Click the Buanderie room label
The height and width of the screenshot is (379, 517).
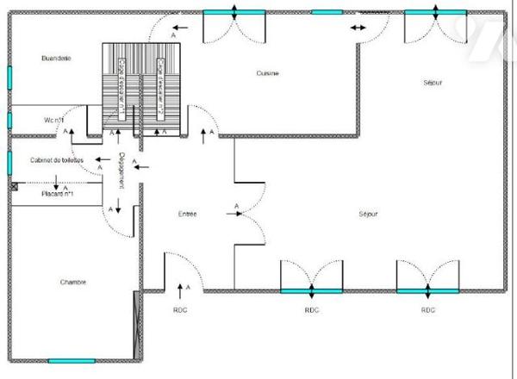pos(55,58)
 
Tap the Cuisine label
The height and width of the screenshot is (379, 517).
pos(267,73)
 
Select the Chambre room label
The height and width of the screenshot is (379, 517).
pos(73,282)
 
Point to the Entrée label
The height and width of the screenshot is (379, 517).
pos(188,214)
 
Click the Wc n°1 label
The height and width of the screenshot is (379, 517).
pos(54,120)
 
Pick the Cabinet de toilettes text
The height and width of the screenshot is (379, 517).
pos(57,160)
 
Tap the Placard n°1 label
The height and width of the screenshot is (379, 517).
pos(58,196)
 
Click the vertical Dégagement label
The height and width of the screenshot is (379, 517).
pos(122,169)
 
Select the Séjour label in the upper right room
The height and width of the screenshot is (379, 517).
pos(433,83)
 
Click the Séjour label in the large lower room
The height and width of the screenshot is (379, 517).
pos(367,214)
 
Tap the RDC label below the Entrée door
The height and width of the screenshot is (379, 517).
pos(180,309)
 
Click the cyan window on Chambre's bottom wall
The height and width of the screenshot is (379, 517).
pos(71,360)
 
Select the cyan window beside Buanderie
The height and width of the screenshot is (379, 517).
pos(9,77)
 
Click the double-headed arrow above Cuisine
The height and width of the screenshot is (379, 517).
pos(358,28)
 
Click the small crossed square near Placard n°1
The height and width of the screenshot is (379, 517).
pos(15,184)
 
